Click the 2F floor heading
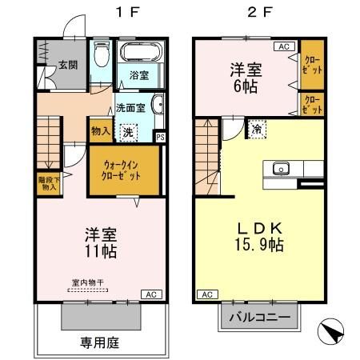coord(253,13)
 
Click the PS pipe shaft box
coord(160,136)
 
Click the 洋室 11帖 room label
coord(102,243)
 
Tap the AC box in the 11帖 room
coord(150,293)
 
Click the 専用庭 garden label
coord(99,343)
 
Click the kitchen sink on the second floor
coord(281,168)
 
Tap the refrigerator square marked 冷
coord(256,129)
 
